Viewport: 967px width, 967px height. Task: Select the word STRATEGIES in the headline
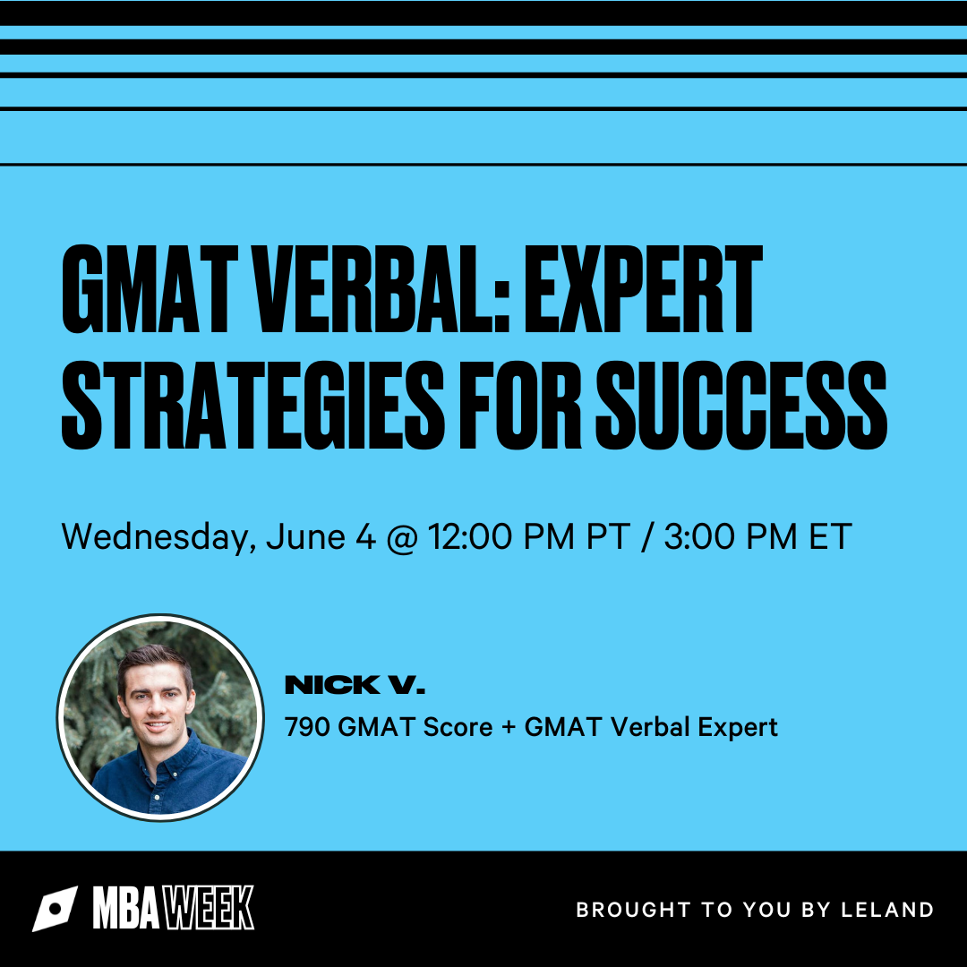252,405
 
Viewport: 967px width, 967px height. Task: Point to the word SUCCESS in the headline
741,405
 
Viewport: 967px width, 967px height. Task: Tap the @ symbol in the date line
402,537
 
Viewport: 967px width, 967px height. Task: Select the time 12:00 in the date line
471,536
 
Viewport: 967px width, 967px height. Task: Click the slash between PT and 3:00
647,536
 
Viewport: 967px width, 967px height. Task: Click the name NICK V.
355,685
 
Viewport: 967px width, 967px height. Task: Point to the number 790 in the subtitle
307,727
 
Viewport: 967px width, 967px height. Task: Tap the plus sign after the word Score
509,728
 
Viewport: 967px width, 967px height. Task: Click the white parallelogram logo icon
56,909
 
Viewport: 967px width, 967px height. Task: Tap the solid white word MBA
126,908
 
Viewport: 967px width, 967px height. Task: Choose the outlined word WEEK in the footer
208,908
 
